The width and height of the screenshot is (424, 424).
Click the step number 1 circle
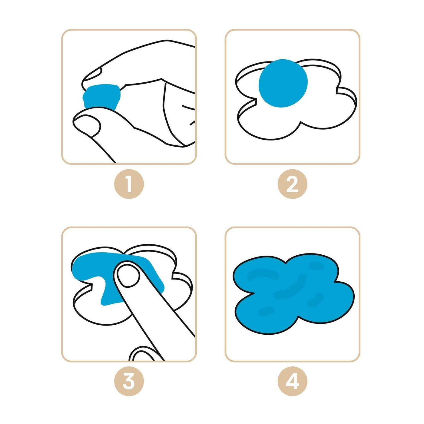pos(129,184)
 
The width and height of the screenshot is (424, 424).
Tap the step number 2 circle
pos(292,184)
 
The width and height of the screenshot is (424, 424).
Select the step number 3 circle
pos(129,381)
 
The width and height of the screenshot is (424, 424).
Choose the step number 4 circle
pos(292,381)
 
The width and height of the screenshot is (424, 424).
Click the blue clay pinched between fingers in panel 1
pos(102,97)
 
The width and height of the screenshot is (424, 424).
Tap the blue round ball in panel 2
pos(283,83)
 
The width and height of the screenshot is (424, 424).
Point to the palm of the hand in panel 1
pos(154,114)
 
